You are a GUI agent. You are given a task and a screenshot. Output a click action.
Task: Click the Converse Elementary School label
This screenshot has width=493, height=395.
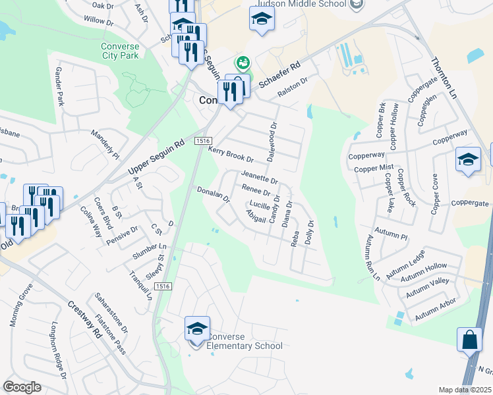click(244, 341)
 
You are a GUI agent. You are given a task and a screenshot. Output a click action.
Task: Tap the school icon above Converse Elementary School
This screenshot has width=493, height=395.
click(197, 328)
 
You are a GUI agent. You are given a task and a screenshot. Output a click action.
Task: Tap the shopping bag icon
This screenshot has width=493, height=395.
click(469, 340)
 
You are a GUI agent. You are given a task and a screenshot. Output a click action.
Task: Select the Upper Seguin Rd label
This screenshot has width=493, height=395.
click(156, 158)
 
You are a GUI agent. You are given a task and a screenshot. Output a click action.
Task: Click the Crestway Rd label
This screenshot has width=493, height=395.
click(84, 319)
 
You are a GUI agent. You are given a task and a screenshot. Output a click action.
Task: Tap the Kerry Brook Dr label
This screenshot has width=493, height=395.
click(231, 155)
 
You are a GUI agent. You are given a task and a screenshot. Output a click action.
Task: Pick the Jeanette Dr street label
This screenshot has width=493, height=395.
click(260, 178)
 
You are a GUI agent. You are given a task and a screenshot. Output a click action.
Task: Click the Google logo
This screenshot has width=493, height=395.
click(22, 387)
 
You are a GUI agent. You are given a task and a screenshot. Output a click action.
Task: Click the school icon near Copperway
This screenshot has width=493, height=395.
click(468, 160)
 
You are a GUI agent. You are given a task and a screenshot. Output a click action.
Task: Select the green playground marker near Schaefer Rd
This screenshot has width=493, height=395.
click(243, 63)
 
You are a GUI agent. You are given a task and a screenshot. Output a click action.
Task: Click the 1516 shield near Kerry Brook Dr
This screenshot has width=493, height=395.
click(202, 141)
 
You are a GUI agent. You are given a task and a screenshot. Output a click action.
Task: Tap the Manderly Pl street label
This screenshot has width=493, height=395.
click(105, 144)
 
